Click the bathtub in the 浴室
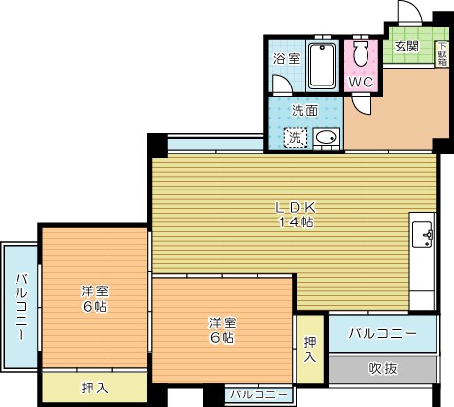click(322, 66)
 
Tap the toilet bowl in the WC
click(361, 53)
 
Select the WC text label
click(361, 83)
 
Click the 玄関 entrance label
click(406, 47)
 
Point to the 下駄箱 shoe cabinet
click(441, 54)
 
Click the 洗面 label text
click(304, 111)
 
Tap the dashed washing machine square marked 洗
click(296, 138)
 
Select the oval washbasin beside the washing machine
click(327, 138)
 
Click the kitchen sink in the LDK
click(422, 234)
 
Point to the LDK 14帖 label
click(296, 215)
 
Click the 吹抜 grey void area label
click(383, 368)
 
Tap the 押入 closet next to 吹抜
click(310, 349)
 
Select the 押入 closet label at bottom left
click(94, 388)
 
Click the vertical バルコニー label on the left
click(21, 307)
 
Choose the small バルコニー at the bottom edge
click(259, 394)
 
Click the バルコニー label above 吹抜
click(382, 333)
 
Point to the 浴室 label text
click(287, 59)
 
